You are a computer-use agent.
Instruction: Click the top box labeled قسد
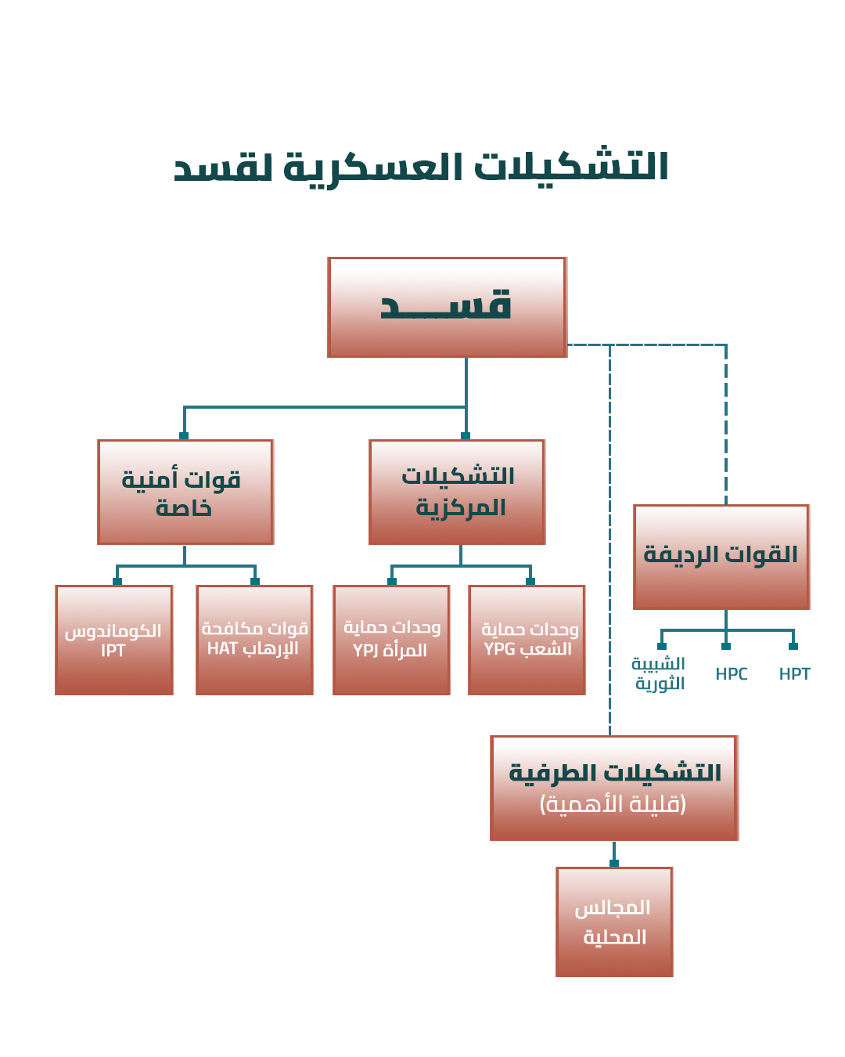[447, 307]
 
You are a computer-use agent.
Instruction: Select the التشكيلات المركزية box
[457, 492]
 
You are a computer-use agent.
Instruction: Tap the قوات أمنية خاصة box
[185, 492]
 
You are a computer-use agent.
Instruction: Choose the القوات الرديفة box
[721, 557]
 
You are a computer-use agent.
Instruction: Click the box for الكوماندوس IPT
[114, 640]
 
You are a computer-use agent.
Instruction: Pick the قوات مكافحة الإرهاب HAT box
[254, 640]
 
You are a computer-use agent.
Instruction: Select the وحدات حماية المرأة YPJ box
[391, 640]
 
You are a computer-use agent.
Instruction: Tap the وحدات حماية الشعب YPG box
[527, 640]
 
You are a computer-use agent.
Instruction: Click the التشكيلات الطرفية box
[614, 788]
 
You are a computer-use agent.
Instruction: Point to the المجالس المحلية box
[614, 922]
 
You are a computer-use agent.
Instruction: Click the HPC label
[732, 674]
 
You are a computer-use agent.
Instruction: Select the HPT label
[794, 674]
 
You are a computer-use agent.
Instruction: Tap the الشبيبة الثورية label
[659, 673]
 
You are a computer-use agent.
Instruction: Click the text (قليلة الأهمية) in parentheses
[613, 804]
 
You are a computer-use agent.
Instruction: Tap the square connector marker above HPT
[793, 646]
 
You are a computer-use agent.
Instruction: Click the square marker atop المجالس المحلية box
[614, 864]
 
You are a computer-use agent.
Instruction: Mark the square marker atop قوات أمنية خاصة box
[184, 436]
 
